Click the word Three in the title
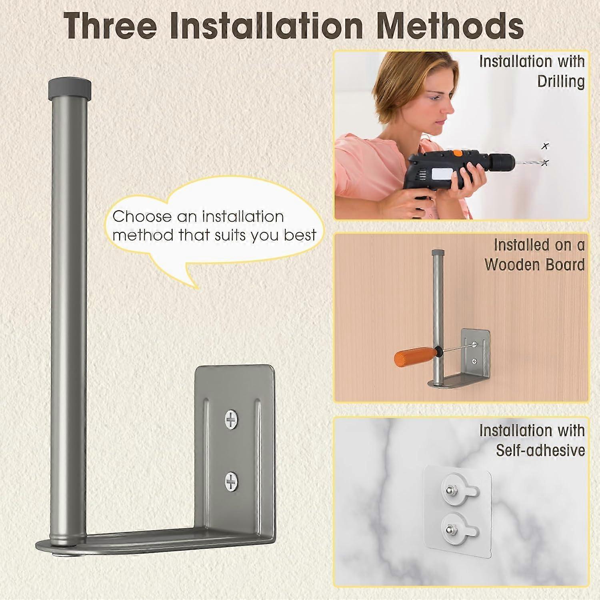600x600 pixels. [110, 26]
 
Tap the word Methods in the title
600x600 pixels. [450, 26]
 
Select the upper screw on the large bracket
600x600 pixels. [231, 420]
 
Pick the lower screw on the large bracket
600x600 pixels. [231, 481]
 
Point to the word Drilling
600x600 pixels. [561, 81]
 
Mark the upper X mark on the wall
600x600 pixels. [545, 146]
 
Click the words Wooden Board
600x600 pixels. [535, 265]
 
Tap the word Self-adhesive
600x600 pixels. [540, 450]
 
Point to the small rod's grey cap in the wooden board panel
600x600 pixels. [438, 253]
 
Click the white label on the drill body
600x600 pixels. [442, 175]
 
